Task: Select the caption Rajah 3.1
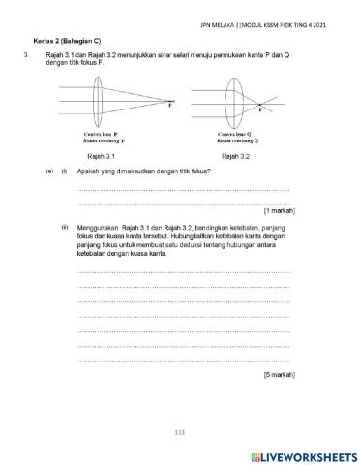[102, 155]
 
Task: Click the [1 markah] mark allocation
[279, 210]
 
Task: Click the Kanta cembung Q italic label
[238, 140]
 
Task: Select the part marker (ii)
[64, 228]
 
